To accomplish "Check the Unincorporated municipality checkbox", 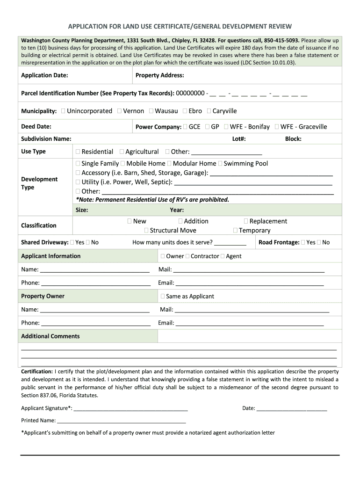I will tap(63, 111).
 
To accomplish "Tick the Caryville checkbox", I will tap(209, 111).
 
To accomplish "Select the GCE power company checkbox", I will tap(185, 127).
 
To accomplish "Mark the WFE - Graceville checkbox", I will tap(277, 127).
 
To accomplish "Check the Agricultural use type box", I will tap(122, 152).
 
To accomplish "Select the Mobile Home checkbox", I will tap(122, 164).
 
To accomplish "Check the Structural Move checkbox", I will tap(146, 231).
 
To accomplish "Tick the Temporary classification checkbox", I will tap(235, 231).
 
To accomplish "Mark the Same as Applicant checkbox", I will tap(163, 297).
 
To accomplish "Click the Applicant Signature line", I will tap(130, 409).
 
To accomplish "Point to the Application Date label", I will tap(44, 75).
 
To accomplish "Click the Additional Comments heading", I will tap(50, 336).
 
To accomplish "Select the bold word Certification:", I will tap(37, 371).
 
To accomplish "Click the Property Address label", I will tap(159, 75).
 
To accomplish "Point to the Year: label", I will tap(177, 210).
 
